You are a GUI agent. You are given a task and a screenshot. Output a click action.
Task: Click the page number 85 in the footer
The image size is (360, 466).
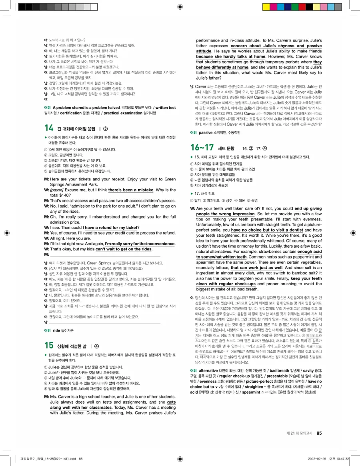coord(319,433)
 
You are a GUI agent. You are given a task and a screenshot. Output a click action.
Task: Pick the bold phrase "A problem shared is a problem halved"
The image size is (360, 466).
coord(86,108)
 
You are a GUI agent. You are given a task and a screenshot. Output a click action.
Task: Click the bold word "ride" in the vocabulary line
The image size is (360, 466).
coord(56,330)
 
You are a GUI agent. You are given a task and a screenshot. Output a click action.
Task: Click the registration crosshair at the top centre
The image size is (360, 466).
coord(180,6)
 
